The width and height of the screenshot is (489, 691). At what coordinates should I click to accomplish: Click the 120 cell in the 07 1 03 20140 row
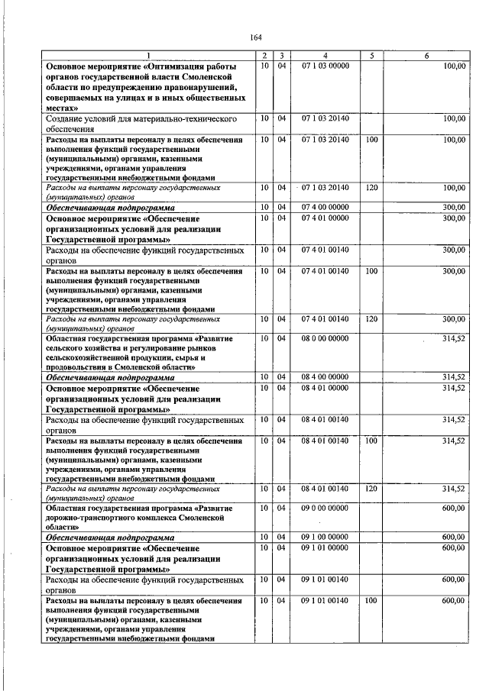(x=371, y=187)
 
